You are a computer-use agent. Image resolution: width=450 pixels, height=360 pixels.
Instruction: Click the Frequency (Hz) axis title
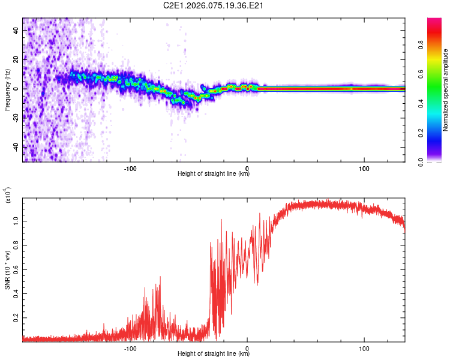point(7,90)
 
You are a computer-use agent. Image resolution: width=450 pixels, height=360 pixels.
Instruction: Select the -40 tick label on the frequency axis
point(14,147)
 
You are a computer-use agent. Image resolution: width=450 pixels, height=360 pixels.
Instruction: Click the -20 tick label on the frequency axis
point(14,118)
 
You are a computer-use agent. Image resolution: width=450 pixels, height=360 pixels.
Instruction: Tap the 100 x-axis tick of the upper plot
point(364,167)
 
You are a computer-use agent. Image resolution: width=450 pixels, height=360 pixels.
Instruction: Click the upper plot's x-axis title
point(214,174)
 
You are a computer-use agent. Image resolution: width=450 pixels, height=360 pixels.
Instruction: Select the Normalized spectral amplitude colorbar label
point(445,90)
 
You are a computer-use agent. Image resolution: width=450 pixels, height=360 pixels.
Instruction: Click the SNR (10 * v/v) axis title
point(7,268)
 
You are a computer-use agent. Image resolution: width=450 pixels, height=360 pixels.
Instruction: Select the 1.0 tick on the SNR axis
point(16,220)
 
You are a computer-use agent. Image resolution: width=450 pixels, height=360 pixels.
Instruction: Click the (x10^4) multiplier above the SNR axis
point(8,196)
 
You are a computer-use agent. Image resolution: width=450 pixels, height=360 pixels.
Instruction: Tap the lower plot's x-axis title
point(214,354)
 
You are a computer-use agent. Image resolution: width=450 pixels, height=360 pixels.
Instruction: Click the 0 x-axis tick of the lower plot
point(247,347)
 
